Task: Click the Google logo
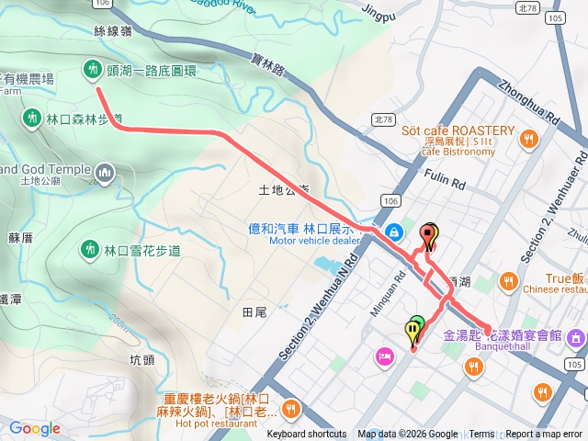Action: click(35, 428)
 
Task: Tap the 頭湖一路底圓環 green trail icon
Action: click(92, 68)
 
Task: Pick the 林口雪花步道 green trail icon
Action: click(90, 249)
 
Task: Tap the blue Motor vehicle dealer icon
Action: click(394, 231)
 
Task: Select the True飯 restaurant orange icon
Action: click(509, 279)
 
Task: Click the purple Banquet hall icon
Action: click(576, 338)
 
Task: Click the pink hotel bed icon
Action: click(384, 356)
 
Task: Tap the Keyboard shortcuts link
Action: click(307, 435)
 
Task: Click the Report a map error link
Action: click(545, 435)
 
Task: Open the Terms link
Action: click(481, 435)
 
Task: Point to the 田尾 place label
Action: click(254, 312)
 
